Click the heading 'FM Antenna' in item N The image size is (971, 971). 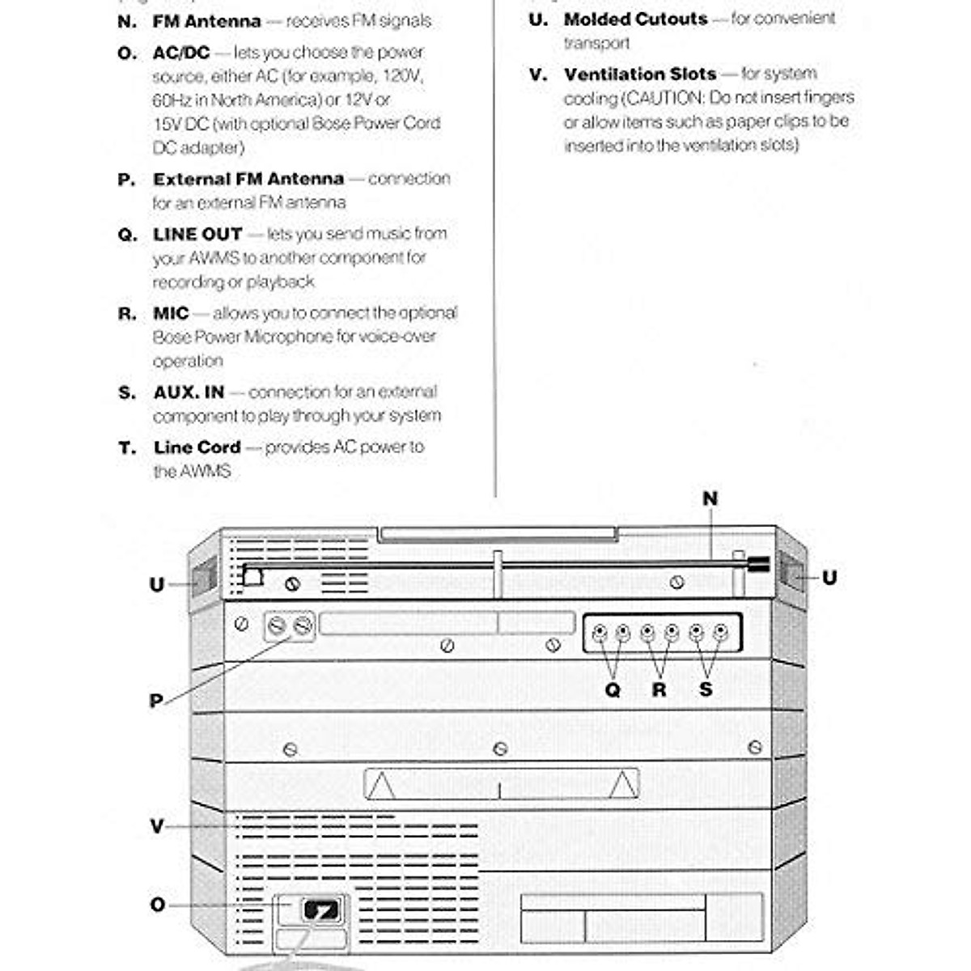(206, 22)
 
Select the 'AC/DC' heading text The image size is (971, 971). (181, 53)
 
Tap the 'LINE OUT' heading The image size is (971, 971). (197, 235)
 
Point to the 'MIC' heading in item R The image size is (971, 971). (171, 314)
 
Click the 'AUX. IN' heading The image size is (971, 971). (189, 393)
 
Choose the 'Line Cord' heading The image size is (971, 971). (197, 448)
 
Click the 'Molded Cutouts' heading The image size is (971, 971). (635, 19)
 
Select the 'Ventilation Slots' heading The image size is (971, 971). (639, 74)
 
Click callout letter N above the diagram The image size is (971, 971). (710, 499)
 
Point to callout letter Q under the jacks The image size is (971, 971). (613, 690)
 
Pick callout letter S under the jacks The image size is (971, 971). (706, 690)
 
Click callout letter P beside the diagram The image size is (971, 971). (156, 701)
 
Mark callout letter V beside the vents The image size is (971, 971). (157, 826)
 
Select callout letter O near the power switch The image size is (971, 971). (158, 905)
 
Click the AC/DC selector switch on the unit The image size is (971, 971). (320, 910)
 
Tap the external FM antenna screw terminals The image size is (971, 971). (289, 625)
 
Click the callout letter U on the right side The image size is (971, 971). (829, 578)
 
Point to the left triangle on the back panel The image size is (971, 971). (381, 785)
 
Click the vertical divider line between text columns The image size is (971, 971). (494, 243)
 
